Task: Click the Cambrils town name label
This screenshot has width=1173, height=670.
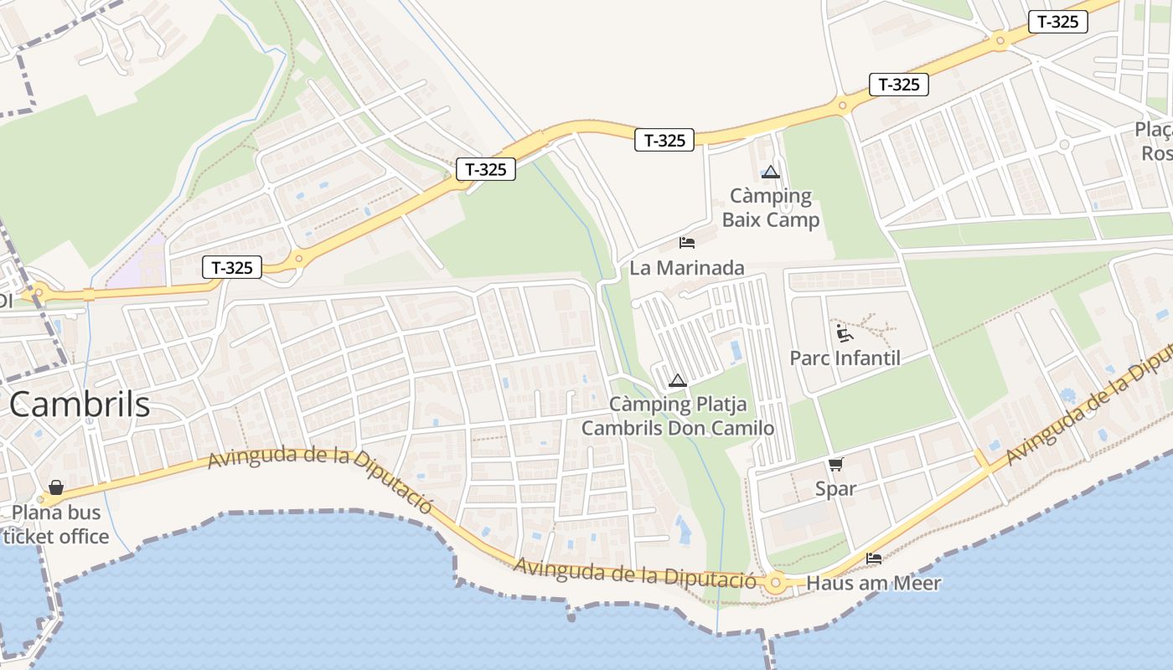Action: click(x=80, y=405)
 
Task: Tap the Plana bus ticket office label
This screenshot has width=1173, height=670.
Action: click(x=55, y=524)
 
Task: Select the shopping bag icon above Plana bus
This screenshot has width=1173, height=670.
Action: click(x=56, y=487)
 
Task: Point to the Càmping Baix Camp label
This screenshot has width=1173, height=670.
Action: click(x=771, y=208)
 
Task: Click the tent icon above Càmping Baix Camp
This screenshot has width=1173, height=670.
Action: click(x=771, y=173)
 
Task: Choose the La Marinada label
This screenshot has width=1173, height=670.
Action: click(x=687, y=268)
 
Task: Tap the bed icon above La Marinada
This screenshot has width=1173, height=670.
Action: click(x=687, y=243)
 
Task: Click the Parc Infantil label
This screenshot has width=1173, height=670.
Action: click(x=845, y=358)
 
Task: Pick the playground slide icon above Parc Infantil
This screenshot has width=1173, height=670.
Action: click(x=845, y=333)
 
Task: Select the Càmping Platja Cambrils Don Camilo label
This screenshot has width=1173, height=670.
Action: click(x=678, y=416)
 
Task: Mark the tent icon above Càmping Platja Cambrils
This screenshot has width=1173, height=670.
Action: click(x=678, y=381)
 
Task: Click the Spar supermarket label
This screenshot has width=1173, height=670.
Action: click(x=835, y=488)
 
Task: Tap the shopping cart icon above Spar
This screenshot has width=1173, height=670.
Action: click(x=835, y=464)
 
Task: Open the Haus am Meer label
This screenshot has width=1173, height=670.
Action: click(x=874, y=583)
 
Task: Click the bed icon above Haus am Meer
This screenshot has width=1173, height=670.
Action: click(x=874, y=558)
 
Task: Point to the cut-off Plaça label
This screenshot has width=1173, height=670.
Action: click(x=1155, y=142)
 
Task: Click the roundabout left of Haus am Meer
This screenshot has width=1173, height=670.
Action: click(x=776, y=582)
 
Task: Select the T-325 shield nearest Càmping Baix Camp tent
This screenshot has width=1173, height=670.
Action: click(x=664, y=140)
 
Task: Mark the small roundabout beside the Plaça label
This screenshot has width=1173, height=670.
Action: click(x=1064, y=144)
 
